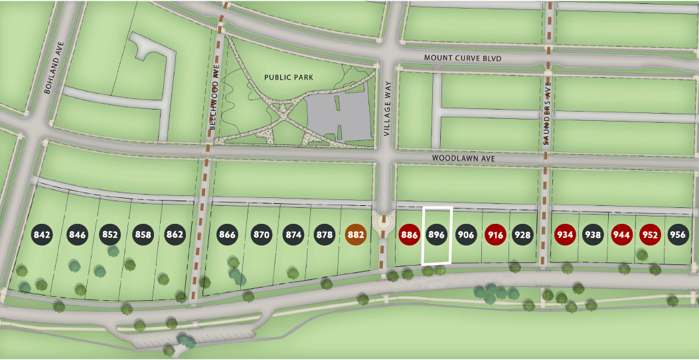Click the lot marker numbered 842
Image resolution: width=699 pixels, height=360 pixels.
point(42,234)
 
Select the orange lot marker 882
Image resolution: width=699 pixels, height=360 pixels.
point(356,234)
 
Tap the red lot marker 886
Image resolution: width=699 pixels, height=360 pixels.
point(409,234)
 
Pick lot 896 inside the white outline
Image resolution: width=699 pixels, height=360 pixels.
point(437,234)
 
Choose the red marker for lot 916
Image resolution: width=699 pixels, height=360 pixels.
point(495,234)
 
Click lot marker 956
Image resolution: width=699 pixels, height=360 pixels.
point(678,234)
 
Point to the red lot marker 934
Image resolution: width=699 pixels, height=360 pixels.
point(565,234)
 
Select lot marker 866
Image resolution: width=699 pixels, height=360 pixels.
point(227,234)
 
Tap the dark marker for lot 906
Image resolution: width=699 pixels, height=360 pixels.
point(466,234)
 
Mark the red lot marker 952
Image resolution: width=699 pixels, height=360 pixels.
point(650,234)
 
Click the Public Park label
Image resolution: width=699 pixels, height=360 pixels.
point(288,77)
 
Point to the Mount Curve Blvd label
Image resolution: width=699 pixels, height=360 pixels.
point(463,58)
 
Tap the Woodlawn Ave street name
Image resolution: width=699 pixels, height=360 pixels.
point(463,159)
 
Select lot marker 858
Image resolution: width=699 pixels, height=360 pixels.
point(143,234)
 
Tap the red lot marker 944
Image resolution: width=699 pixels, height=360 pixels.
point(621,234)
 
